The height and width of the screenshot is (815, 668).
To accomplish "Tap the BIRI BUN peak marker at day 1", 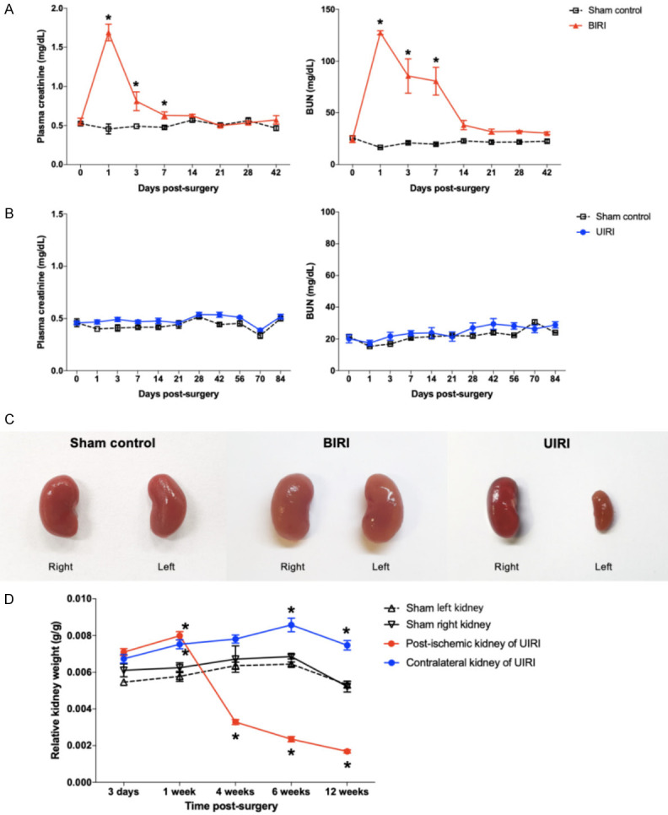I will (380, 33).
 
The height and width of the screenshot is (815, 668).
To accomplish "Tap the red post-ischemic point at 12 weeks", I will (347, 751).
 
